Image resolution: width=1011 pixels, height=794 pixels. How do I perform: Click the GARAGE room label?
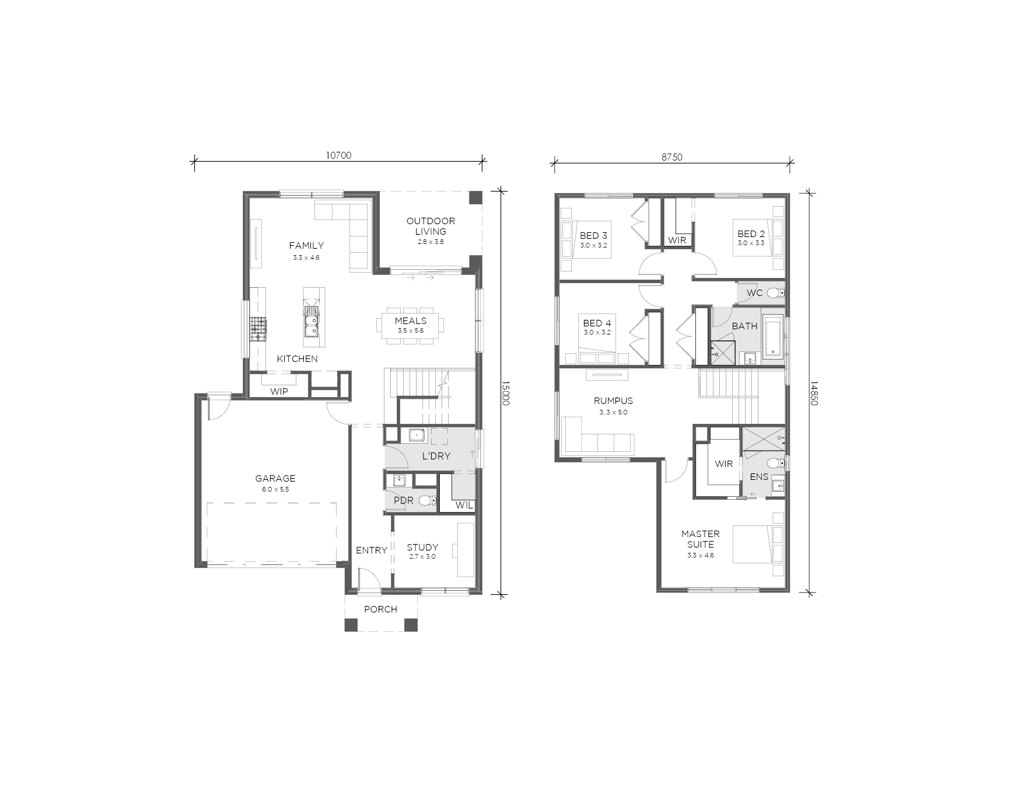[x=275, y=478]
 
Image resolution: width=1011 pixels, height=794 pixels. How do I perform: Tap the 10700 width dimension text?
[x=338, y=155]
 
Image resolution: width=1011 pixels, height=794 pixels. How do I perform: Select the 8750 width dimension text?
[x=671, y=156]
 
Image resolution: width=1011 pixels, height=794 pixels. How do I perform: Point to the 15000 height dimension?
[x=505, y=393]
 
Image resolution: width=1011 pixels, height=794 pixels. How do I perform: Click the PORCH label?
[x=380, y=609]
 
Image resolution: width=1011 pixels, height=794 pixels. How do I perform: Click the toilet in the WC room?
[x=775, y=292]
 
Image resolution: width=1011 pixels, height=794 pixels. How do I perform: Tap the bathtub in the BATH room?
[x=772, y=336]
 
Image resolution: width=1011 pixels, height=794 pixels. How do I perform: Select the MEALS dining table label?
[x=411, y=321]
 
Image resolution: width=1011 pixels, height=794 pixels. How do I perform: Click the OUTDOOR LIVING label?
[x=431, y=226]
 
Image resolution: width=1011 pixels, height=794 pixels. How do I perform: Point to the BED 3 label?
[x=593, y=235]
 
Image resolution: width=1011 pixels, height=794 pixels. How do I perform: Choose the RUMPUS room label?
[x=613, y=401]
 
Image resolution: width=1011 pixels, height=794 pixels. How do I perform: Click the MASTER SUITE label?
[x=700, y=539]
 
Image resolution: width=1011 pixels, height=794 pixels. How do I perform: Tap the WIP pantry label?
[x=279, y=391]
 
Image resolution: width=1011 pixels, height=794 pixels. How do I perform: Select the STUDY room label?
[x=422, y=547]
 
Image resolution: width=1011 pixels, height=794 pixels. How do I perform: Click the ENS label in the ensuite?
[x=759, y=476]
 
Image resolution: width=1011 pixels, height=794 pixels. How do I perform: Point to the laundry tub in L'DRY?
[x=417, y=434]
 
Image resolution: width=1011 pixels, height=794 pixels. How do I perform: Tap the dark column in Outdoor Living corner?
[x=477, y=197]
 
